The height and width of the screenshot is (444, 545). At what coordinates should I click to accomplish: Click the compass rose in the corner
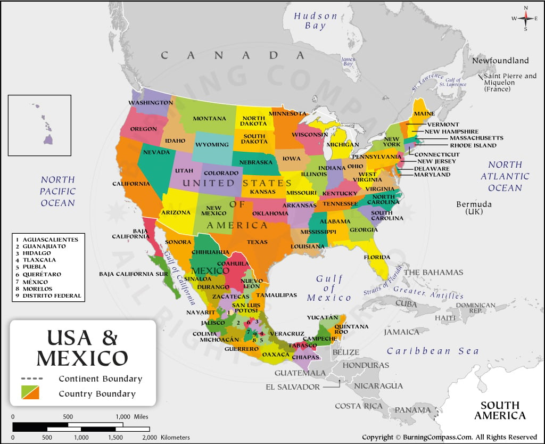(526, 18)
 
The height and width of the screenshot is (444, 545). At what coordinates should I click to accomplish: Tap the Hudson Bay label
(316, 21)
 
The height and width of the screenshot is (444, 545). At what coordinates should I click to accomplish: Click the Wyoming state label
(212, 144)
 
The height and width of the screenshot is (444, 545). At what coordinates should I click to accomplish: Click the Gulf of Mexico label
(329, 288)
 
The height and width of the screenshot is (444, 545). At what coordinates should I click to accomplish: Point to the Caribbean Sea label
(432, 351)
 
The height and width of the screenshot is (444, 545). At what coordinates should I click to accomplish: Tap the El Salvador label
(293, 387)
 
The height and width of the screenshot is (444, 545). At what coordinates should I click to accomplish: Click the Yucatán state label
(321, 317)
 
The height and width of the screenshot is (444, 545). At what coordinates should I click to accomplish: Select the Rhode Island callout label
(473, 145)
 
